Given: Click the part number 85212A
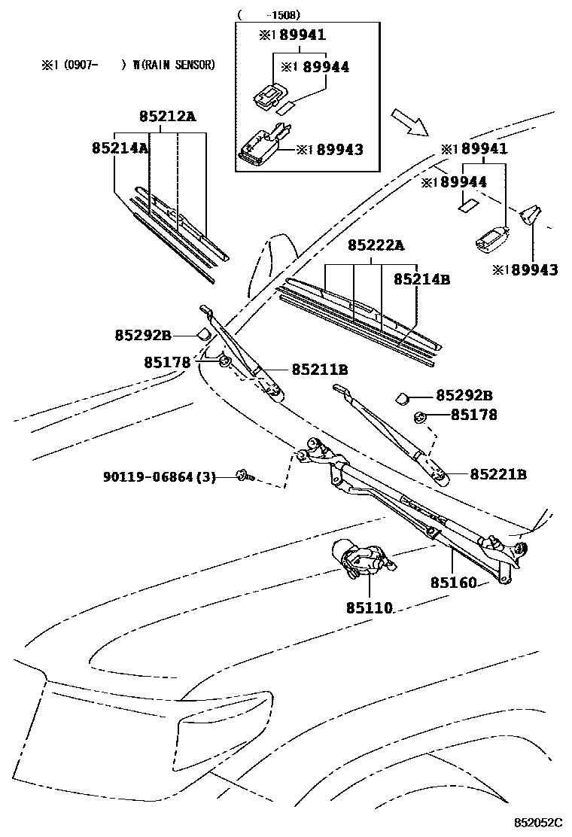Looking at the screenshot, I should click(x=166, y=117).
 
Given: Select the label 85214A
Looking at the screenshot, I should click(x=120, y=148).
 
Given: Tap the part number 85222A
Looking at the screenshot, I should click(x=376, y=245).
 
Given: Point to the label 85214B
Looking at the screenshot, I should click(x=421, y=279).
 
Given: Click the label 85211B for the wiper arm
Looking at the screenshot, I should click(x=319, y=370).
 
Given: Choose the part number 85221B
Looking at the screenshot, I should click(x=498, y=474).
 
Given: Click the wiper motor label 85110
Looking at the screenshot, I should click(x=369, y=607).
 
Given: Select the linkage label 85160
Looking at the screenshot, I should click(x=454, y=583).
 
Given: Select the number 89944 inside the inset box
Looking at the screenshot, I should click(x=325, y=68).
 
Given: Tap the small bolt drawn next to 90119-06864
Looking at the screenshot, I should click(x=245, y=475).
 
